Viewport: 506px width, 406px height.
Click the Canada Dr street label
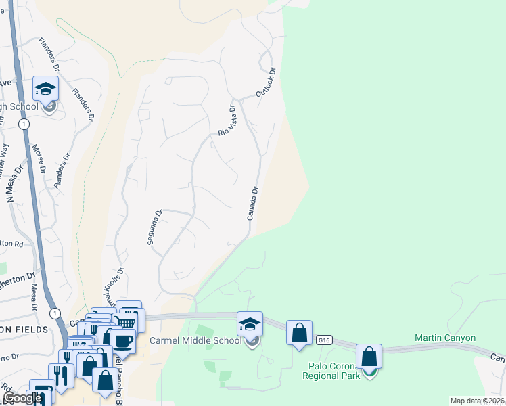click(x=253, y=204)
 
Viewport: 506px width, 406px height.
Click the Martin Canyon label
click(x=445, y=338)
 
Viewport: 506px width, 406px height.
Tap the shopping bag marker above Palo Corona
click(x=369, y=356)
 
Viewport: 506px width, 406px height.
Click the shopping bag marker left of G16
click(x=299, y=332)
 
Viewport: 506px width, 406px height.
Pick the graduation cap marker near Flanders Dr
click(x=46, y=89)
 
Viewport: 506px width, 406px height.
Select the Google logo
click(x=22, y=398)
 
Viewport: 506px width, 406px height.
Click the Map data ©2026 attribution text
click(x=476, y=401)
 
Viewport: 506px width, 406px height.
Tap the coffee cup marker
click(x=123, y=340)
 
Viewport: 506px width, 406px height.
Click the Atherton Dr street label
click(x=17, y=278)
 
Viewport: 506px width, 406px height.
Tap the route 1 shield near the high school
click(x=24, y=125)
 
